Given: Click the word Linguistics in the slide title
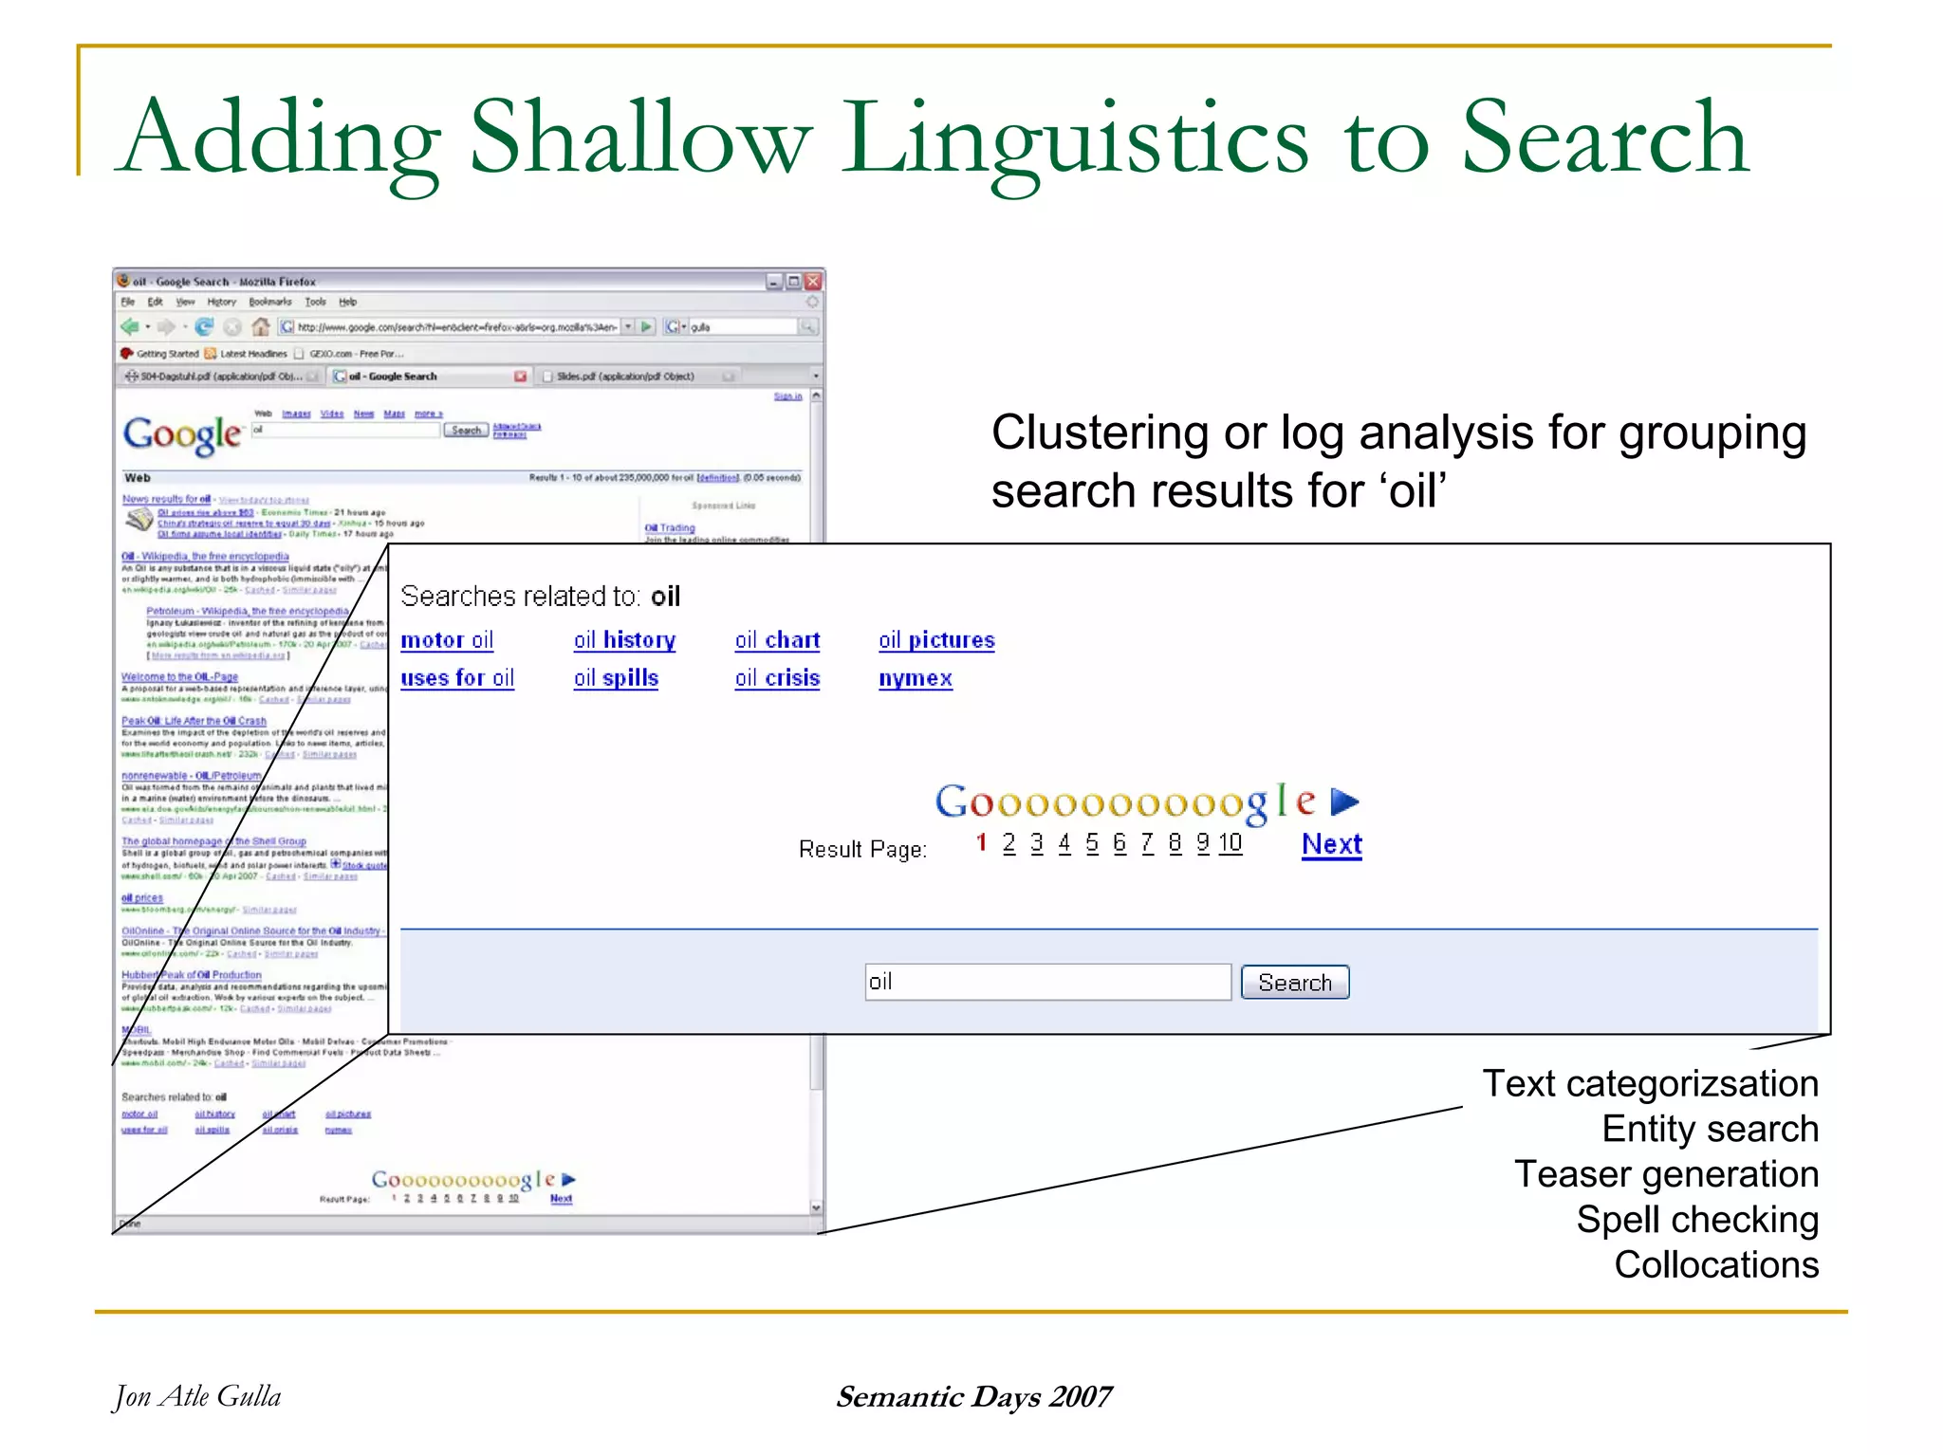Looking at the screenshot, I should click(1074, 139).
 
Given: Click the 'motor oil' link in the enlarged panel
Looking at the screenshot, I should click(447, 640).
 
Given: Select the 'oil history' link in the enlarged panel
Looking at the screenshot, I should click(624, 640).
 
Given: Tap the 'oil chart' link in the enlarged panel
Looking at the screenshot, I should click(777, 640).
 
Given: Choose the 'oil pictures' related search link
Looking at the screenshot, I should click(936, 640).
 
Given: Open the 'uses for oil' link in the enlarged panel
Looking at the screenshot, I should click(457, 678).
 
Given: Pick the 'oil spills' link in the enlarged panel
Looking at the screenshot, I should click(616, 678).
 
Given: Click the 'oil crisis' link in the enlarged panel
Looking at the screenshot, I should click(777, 678).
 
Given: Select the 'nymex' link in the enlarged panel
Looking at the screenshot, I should click(916, 678).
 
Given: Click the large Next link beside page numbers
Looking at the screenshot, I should click(1331, 844).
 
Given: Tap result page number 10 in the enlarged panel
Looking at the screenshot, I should click(1230, 843).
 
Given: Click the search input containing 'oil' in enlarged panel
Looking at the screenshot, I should click(1046, 982).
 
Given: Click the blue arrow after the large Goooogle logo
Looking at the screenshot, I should click(1344, 802).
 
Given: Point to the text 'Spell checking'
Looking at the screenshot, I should click(1696, 1220).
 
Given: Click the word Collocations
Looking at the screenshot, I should click(1715, 1265).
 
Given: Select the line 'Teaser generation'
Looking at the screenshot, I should click(1666, 1174).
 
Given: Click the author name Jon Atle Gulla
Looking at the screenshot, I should click(197, 1396).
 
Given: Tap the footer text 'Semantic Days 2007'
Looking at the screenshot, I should click(973, 1396).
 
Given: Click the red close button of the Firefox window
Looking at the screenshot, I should click(813, 282).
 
